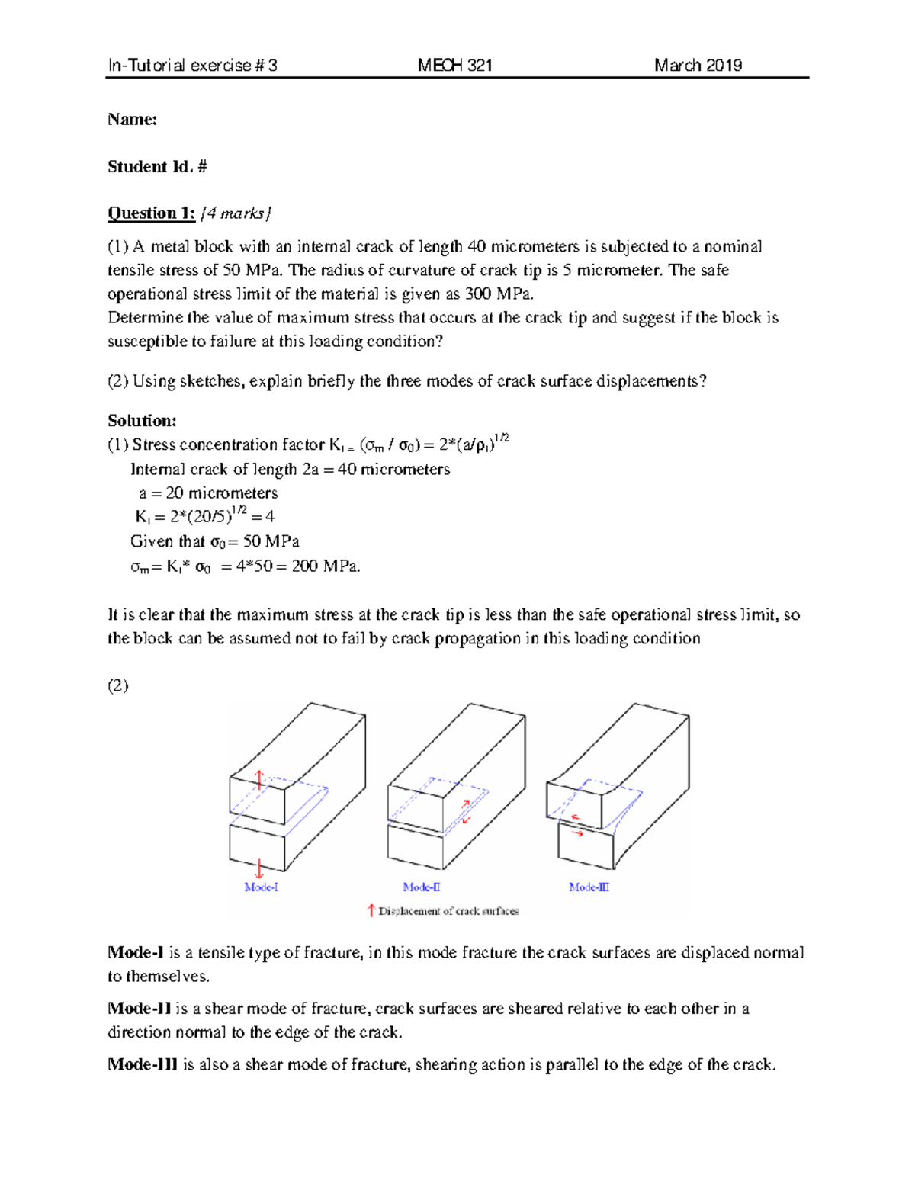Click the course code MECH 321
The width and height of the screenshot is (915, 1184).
point(454,66)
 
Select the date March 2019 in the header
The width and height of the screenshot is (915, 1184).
point(698,66)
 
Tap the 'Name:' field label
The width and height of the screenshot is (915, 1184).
point(132,120)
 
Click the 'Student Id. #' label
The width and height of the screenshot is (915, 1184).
point(157,167)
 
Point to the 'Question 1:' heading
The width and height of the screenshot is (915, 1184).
point(151,213)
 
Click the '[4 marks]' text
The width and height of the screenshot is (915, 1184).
point(236,213)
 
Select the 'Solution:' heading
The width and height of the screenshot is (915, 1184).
point(142,421)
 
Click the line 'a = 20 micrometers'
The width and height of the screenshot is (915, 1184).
point(208,493)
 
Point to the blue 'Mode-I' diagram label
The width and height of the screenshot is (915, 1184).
point(261,887)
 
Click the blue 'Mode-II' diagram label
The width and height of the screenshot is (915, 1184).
point(422,887)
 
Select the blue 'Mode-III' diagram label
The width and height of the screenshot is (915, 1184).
point(589,887)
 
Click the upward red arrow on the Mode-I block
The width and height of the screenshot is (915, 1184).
point(259,779)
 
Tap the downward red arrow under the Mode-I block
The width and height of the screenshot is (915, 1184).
point(259,868)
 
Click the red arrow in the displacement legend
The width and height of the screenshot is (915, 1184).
point(371,910)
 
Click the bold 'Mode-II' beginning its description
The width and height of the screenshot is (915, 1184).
point(140,1009)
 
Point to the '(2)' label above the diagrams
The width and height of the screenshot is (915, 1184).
point(118,685)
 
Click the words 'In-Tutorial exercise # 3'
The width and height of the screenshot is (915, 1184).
point(192,66)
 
